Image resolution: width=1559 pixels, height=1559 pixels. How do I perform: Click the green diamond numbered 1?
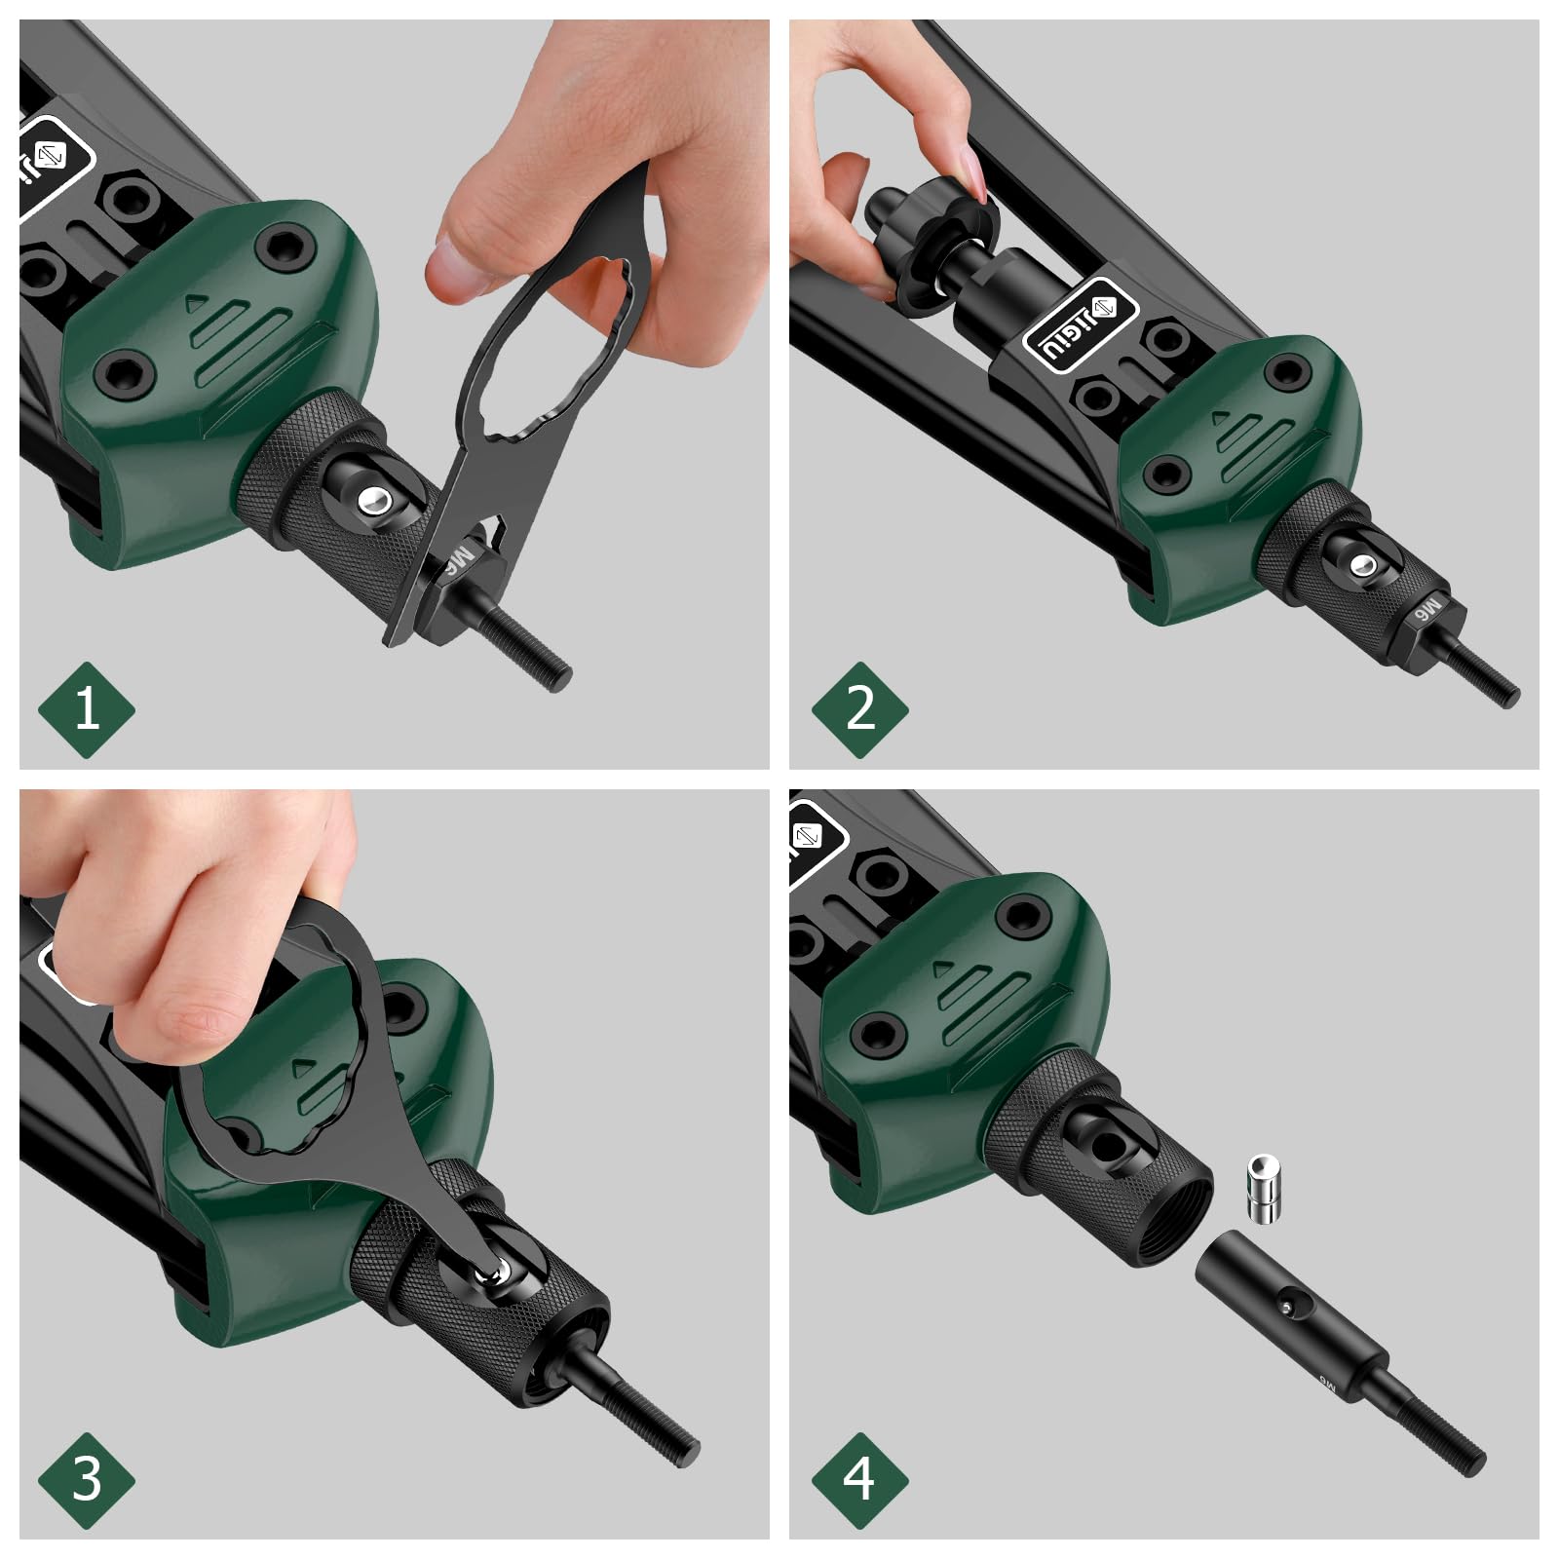pyautogui.click(x=86, y=708)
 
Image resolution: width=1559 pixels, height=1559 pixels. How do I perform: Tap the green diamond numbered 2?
pyautogui.click(x=859, y=708)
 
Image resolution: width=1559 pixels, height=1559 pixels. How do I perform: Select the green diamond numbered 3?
pyautogui.click(x=86, y=1480)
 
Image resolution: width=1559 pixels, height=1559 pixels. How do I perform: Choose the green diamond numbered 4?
pyautogui.click(x=859, y=1480)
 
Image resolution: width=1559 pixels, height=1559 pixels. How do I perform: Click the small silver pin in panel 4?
pyautogui.click(x=1262, y=1187)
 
